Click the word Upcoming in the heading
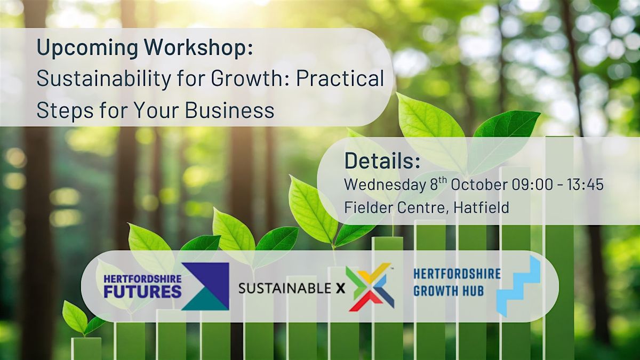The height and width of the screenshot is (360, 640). click(x=87, y=48)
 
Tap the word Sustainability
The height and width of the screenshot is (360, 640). click(x=103, y=79)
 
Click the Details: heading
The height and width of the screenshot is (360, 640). click(x=382, y=161)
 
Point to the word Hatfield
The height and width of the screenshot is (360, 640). click(x=482, y=207)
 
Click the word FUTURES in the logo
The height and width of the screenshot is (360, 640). click(x=142, y=291)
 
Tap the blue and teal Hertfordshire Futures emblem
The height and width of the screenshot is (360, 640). click(x=205, y=286)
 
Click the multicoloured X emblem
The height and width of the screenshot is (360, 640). click(x=370, y=287)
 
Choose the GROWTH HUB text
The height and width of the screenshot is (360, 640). click(x=449, y=291)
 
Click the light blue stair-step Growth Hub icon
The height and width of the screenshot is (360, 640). click(x=518, y=286)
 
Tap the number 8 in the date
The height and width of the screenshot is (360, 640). click(x=434, y=185)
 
